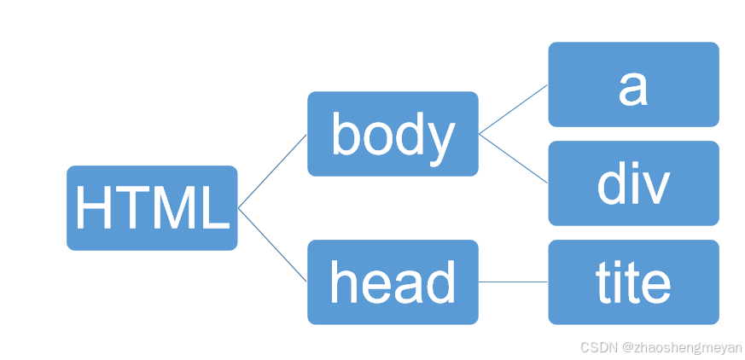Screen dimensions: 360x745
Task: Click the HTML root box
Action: pos(152,208)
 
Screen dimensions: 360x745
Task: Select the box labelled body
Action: pos(393,134)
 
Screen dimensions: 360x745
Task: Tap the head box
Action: pos(393,282)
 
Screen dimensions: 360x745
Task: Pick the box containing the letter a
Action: pos(633,84)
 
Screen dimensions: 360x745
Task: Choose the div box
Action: pos(633,183)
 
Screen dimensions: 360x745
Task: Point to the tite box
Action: pos(633,282)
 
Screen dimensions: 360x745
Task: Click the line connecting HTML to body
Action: pos(272,171)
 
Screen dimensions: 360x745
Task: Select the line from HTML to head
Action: pos(272,245)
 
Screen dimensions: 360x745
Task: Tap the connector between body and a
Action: pos(513,109)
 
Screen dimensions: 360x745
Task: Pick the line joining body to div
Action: pos(513,159)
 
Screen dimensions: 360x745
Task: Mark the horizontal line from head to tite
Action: pos(513,282)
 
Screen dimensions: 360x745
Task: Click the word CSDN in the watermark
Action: pos(598,348)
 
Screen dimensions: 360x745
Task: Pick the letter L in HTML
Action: pos(216,208)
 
